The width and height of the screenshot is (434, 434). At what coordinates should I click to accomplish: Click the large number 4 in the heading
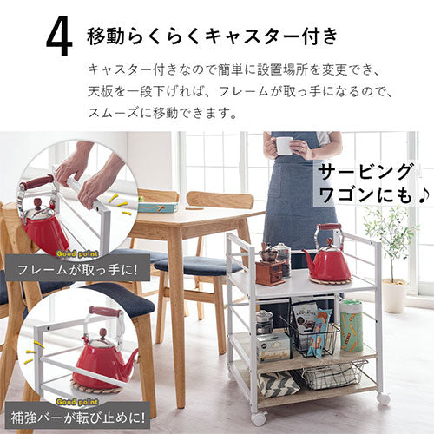pyautogui.click(x=59, y=38)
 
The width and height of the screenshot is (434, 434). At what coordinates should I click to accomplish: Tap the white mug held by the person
pyautogui.click(x=284, y=146)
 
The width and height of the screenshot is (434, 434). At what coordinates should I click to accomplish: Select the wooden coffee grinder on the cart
pyautogui.click(x=270, y=266)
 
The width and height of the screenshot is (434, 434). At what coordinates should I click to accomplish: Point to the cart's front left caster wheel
pyautogui.click(x=259, y=418)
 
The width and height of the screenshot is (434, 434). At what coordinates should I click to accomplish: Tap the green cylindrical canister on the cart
pyautogui.click(x=351, y=326)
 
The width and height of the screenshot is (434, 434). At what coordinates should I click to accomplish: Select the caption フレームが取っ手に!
pyautogui.click(x=76, y=270)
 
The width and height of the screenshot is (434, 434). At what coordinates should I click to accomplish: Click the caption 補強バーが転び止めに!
pyautogui.click(x=77, y=418)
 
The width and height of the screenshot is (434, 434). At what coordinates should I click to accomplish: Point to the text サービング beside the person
pyautogui.click(x=365, y=173)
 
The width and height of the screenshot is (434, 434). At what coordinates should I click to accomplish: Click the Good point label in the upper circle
pyautogui.click(x=77, y=254)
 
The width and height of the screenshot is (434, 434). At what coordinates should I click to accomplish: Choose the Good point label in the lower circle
pyautogui.click(x=77, y=402)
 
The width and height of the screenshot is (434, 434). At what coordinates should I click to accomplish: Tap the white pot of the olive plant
pyautogui.click(x=393, y=296)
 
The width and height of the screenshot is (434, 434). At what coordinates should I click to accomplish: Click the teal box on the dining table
pyautogui.click(x=158, y=207)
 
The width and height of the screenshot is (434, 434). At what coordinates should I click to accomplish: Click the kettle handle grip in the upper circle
pyautogui.click(x=37, y=182)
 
